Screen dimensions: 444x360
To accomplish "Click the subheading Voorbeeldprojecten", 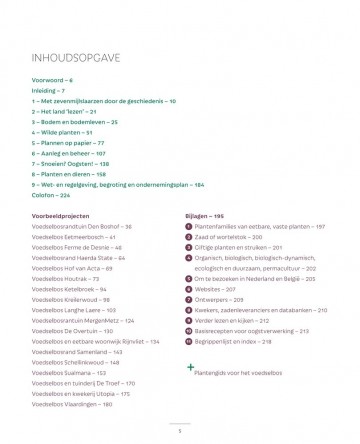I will click(x=62, y=215).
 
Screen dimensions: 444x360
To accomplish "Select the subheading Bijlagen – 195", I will click(x=209, y=215).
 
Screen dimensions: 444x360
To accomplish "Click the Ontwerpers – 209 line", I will click(x=221, y=300).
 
